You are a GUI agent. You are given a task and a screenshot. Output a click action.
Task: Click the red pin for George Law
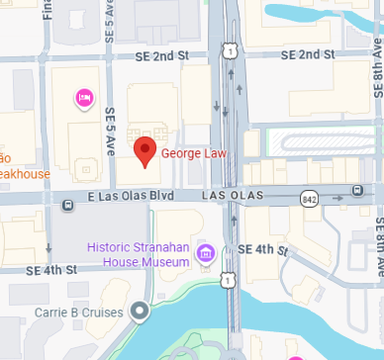click(x=145, y=151)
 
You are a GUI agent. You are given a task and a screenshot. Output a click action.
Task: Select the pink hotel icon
click(x=85, y=97)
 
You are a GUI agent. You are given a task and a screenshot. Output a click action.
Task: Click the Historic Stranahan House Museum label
click(x=138, y=254)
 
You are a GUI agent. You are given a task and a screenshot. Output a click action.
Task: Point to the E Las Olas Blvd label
click(x=132, y=197)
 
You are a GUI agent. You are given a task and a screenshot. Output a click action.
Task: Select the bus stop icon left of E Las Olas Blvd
click(x=66, y=206)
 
